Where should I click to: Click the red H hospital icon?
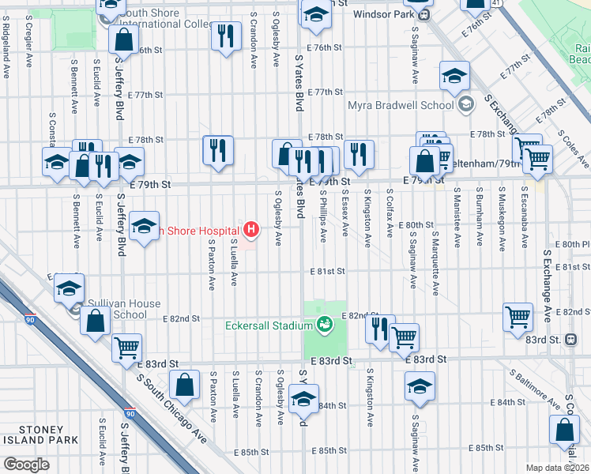(251, 230)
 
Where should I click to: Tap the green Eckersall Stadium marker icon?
(323, 323)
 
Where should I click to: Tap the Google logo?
(26, 465)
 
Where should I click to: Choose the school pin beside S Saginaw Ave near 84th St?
(420, 386)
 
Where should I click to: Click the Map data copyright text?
(556, 468)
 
